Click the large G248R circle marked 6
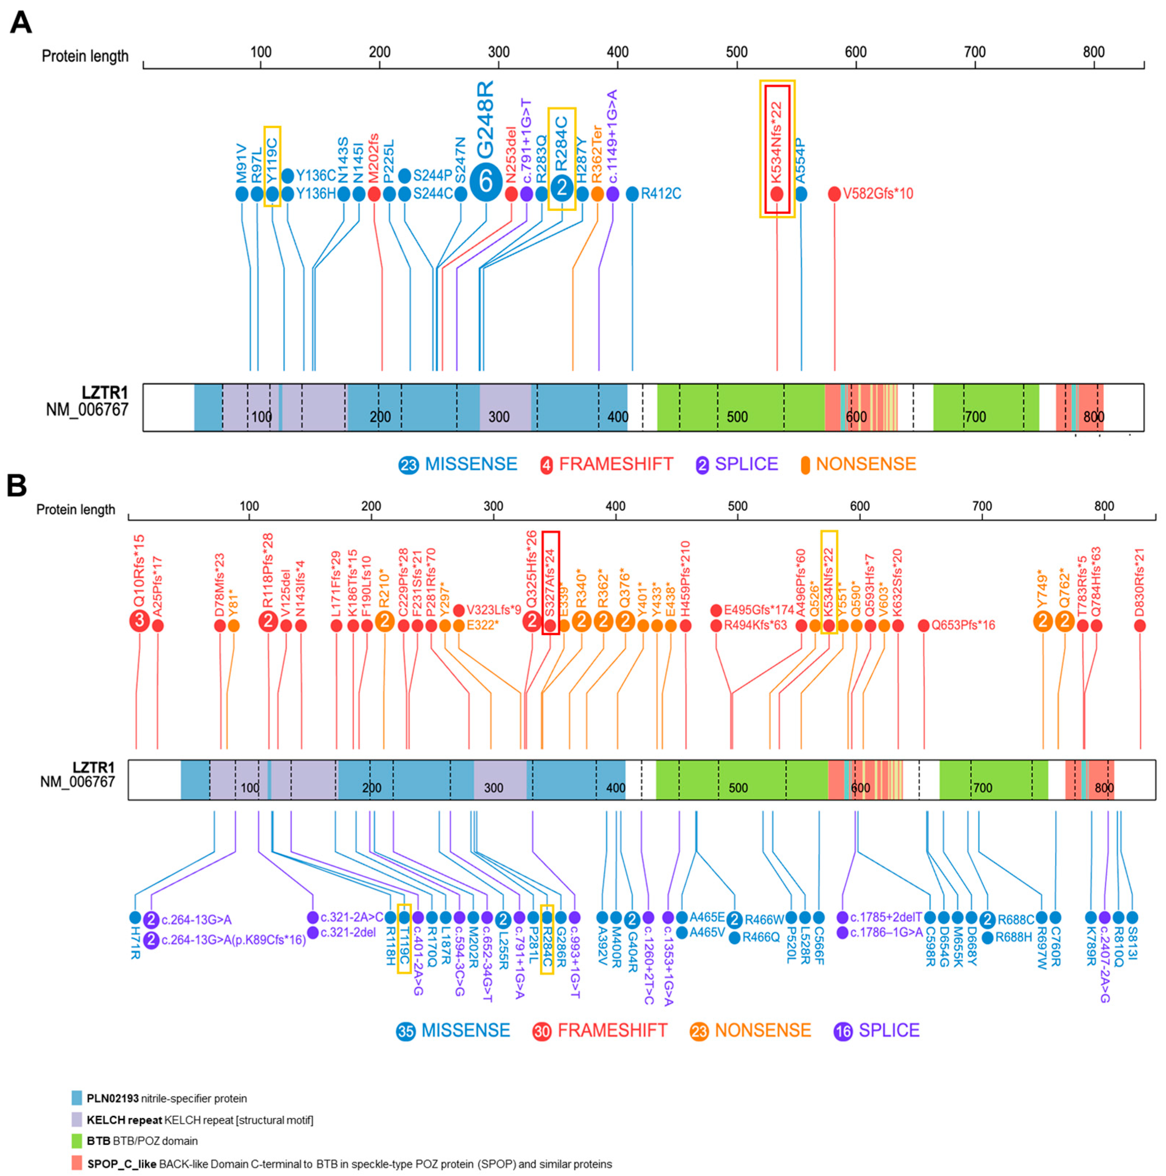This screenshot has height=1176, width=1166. click(x=485, y=182)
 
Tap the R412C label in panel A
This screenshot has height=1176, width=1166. click(x=660, y=194)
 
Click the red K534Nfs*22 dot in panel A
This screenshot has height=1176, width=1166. click(x=776, y=194)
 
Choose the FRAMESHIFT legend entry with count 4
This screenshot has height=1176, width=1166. click(x=607, y=465)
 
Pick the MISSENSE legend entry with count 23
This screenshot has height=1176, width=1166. click(x=458, y=465)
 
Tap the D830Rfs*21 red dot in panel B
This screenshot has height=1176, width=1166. click(x=1139, y=625)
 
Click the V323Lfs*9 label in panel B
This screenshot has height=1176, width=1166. click(x=493, y=610)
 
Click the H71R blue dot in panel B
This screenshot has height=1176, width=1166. click(x=135, y=917)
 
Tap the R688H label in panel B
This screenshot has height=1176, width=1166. click(x=1013, y=937)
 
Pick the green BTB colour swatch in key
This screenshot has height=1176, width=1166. click(x=77, y=1141)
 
